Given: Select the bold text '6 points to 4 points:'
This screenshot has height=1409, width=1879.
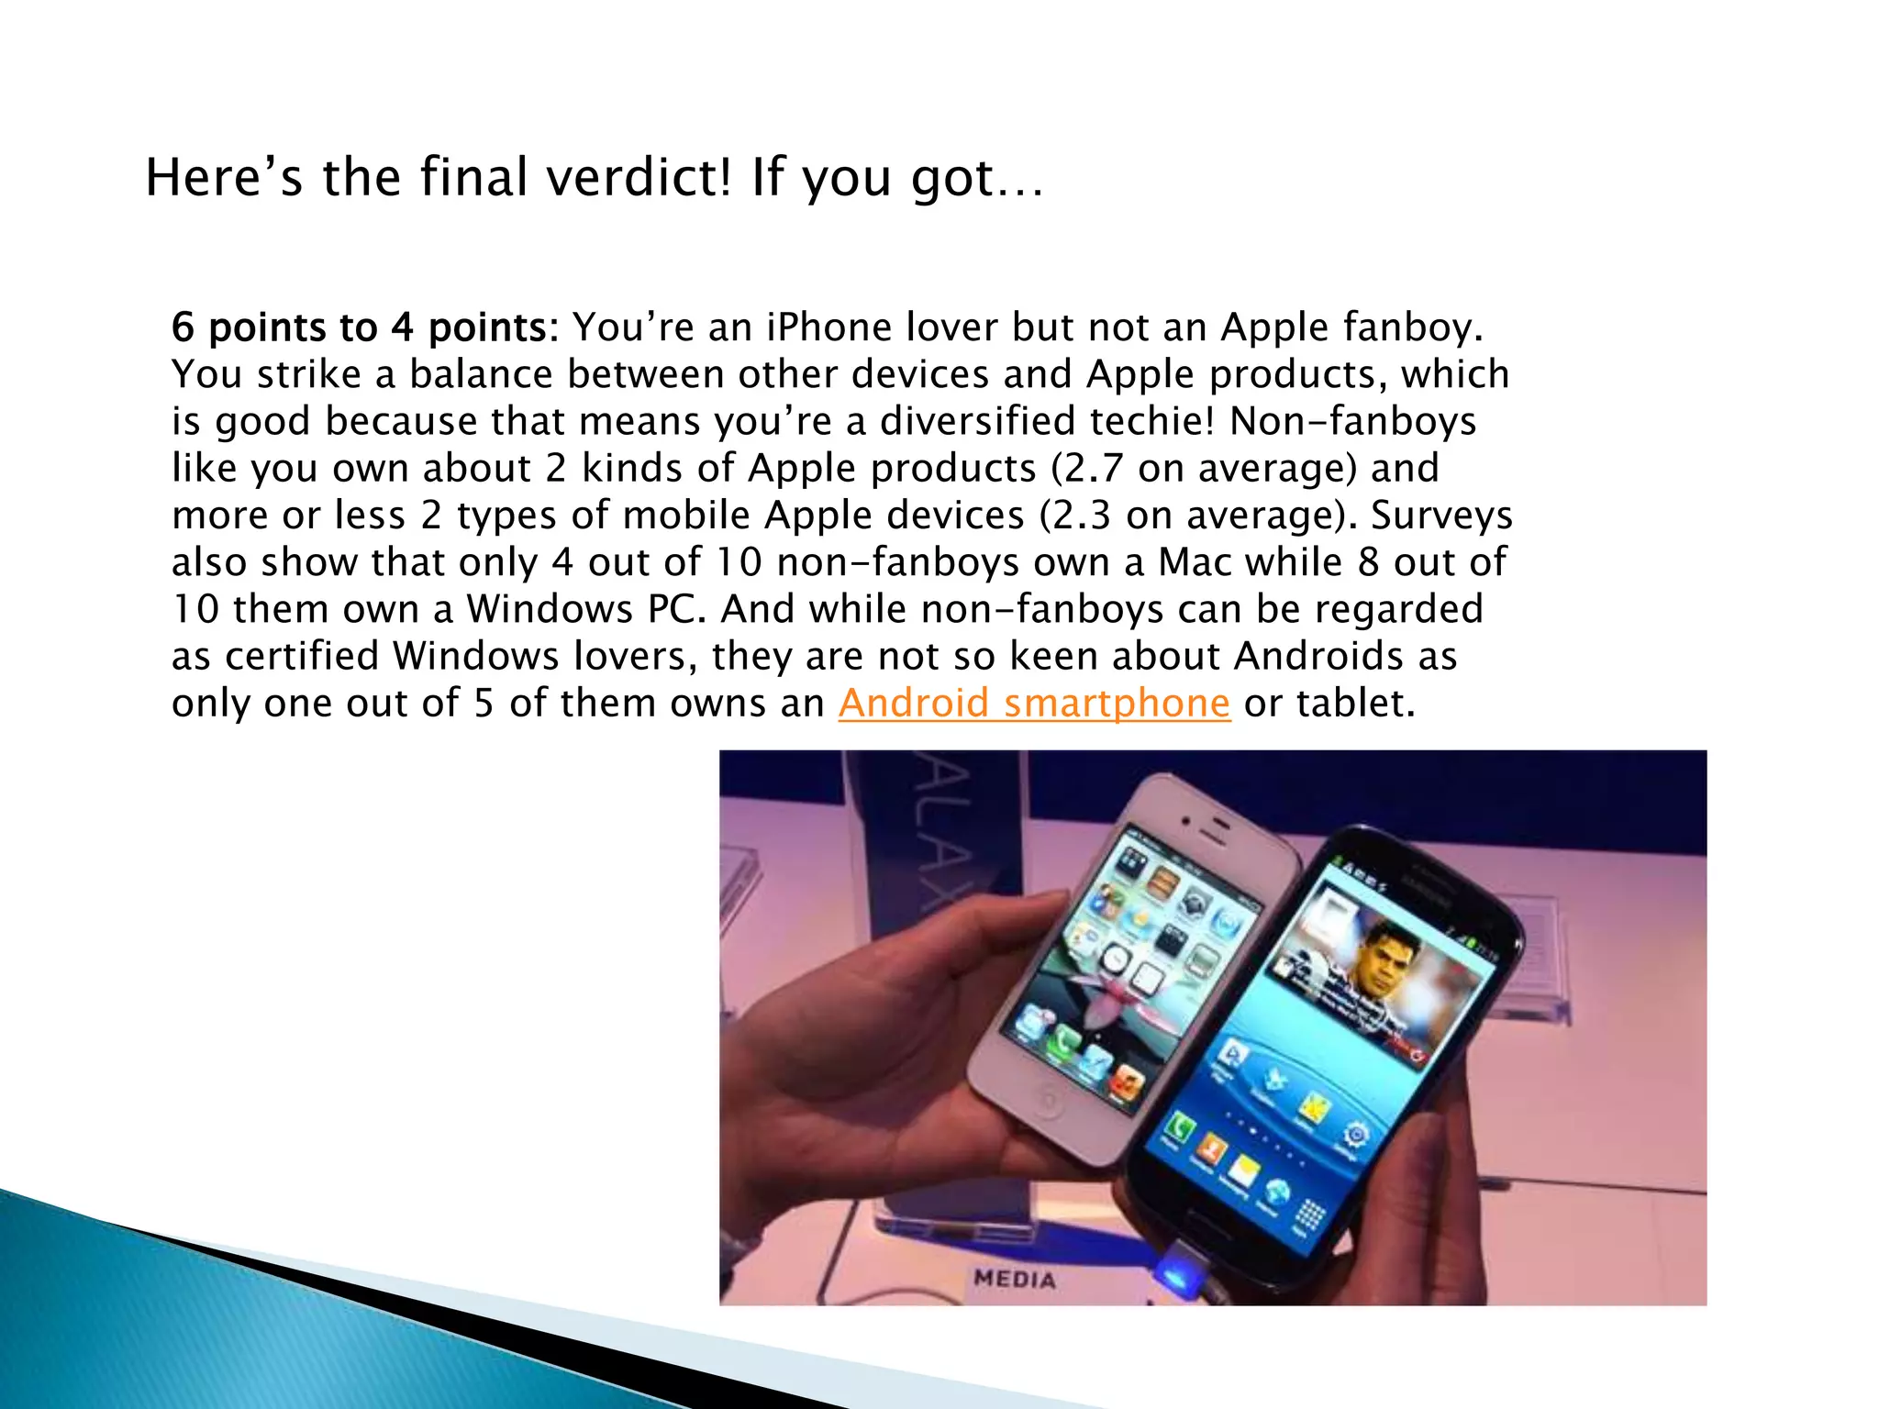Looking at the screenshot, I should (x=364, y=327).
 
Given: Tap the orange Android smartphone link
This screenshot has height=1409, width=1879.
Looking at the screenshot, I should (x=1034, y=704).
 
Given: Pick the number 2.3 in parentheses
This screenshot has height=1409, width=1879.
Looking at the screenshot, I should (x=1082, y=516).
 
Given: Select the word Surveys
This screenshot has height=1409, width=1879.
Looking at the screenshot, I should (x=1441, y=516).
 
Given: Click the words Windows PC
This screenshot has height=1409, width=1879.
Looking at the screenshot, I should (x=586, y=609).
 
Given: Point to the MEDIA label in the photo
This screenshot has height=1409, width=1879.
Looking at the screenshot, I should (x=1015, y=1278).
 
